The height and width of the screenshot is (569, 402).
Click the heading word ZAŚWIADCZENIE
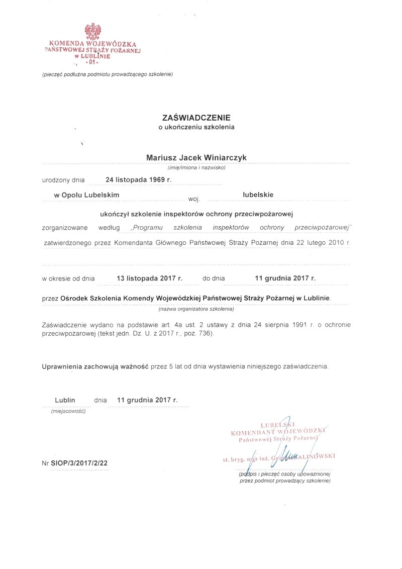(196, 117)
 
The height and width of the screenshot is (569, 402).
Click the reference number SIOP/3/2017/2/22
(79, 462)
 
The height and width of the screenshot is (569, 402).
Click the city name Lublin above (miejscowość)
(65, 400)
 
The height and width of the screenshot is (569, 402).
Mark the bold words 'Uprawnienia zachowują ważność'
(95, 367)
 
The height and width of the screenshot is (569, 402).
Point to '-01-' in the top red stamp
(91, 63)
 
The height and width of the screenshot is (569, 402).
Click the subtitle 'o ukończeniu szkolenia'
(196, 127)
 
